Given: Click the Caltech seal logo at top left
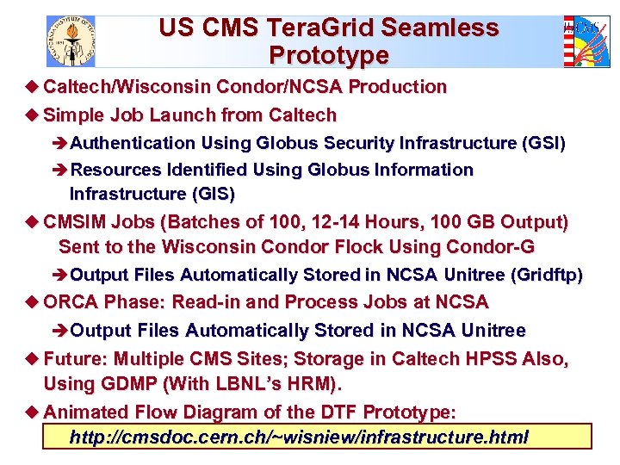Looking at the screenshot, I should (71, 40).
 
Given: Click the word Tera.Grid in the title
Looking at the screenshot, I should (335, 28).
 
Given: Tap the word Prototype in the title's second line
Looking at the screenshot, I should (328, 56).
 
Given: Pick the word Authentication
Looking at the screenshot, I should (133, 143).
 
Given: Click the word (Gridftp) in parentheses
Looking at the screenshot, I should (546, 276).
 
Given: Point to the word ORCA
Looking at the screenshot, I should (71, 302).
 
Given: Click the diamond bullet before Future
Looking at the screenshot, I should (34, 358).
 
